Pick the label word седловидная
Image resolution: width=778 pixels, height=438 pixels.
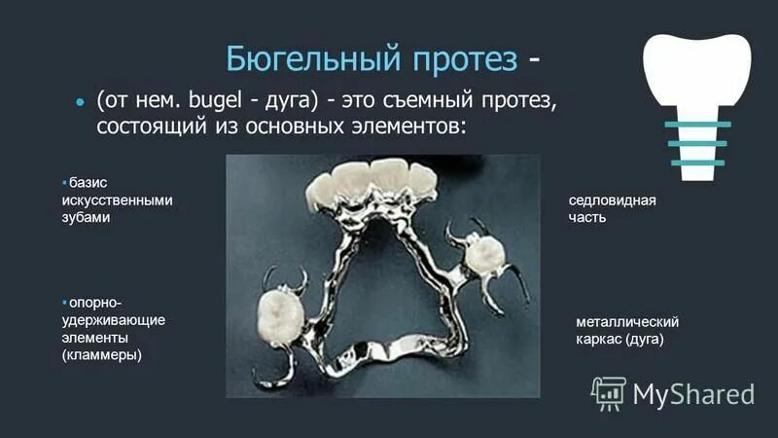[x=612, y=201]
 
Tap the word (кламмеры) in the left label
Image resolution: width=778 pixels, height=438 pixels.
[x=102, y=355]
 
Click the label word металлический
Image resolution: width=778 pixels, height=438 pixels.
[x=626, y=322]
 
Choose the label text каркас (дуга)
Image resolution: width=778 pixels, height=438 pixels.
[x=619, y=340]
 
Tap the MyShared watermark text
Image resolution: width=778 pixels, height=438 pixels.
[x=693, y=393]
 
